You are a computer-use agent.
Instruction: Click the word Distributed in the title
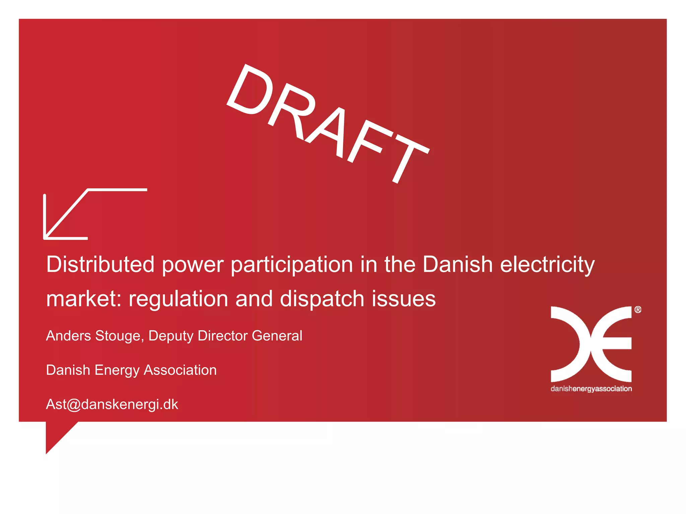pos(100,264)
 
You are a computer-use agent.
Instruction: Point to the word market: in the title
pos(84,298)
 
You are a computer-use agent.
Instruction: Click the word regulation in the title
pos(179,299)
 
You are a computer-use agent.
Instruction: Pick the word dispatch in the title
pos(322,299)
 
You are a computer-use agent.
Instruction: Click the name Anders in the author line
pos(68,336)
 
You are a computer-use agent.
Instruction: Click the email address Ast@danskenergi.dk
pos(112,405)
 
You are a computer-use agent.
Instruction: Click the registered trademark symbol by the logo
pos(638,310)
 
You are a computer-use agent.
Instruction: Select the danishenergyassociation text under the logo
pos(591,389)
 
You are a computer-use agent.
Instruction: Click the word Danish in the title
pos(457,264)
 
